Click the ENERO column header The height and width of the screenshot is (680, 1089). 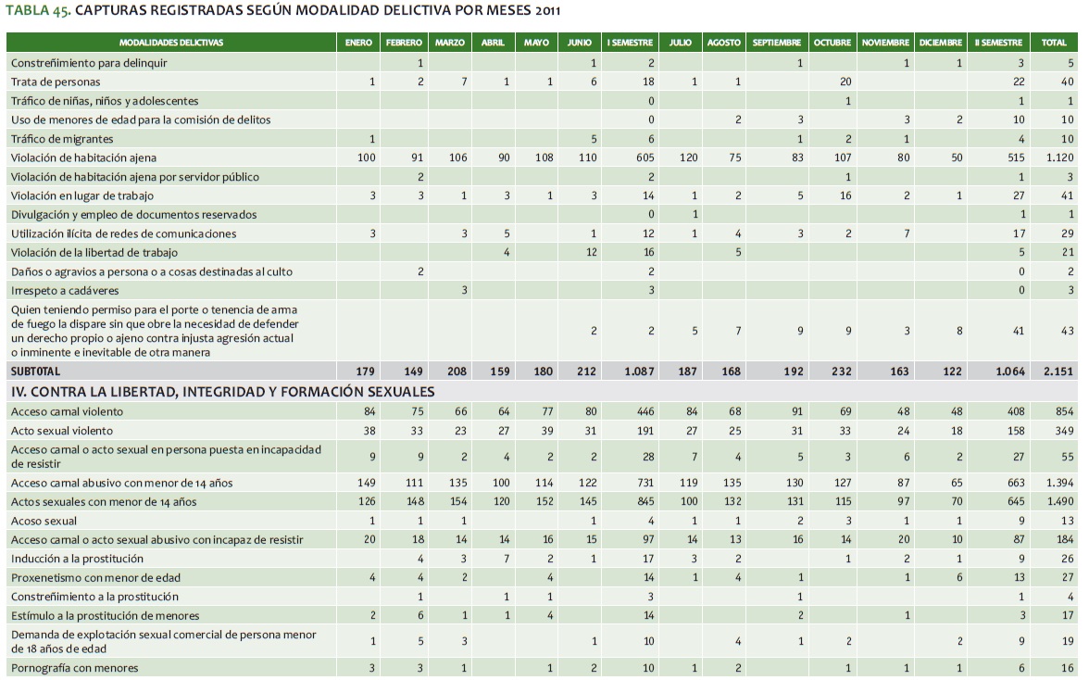358,43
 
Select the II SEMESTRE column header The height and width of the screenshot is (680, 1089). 998,43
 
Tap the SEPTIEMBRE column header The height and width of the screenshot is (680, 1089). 777,43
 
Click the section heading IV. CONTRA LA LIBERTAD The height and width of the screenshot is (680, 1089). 222,391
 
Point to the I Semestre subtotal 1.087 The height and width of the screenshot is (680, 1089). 640,371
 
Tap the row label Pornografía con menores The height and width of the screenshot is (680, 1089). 74,668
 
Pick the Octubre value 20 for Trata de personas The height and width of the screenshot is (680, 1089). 845,82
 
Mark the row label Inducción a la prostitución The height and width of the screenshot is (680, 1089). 77,559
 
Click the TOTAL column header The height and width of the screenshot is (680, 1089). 1054,43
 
